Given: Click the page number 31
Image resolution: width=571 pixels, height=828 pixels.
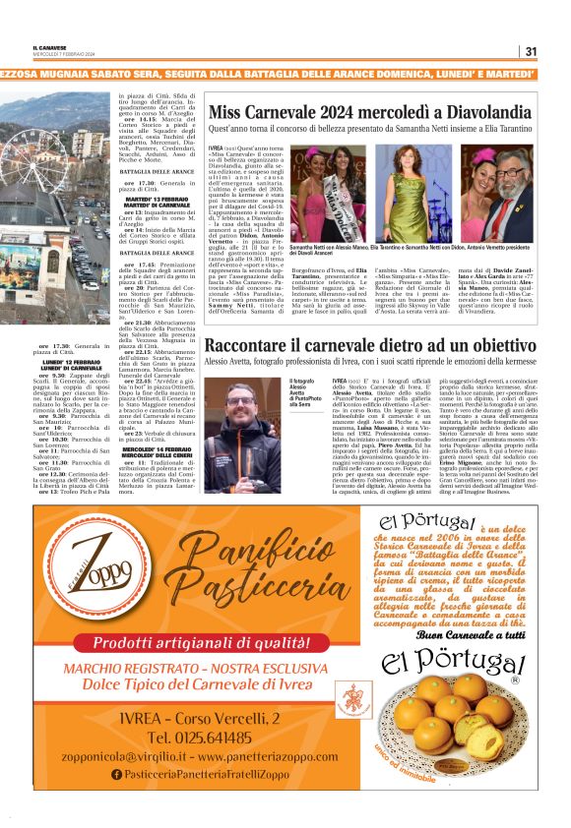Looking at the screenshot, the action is pyautogui.click(x=530, y=51).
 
